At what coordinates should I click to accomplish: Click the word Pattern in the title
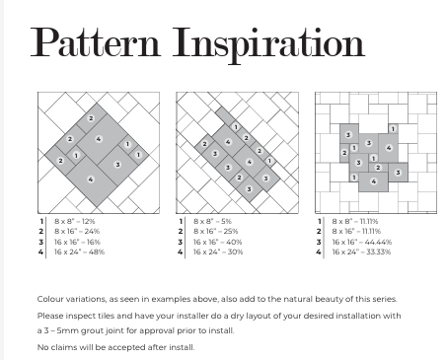96,41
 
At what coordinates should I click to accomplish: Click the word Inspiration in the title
268,45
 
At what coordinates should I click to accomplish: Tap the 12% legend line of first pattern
75,221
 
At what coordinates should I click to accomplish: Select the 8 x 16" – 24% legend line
77,232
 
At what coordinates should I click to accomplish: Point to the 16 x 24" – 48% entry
80,252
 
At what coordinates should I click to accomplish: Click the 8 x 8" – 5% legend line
212,221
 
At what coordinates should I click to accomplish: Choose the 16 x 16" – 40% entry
217,242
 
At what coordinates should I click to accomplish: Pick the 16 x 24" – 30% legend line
218,252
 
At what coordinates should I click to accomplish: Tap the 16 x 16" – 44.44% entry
362,242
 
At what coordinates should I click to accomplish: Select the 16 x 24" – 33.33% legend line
361,252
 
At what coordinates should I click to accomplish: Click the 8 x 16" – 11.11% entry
356,232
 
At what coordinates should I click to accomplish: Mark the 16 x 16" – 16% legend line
77,242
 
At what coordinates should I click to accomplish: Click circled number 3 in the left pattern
117,165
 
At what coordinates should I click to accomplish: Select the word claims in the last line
64,347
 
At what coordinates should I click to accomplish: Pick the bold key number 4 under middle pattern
181,252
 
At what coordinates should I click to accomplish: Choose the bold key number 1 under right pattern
319,222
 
